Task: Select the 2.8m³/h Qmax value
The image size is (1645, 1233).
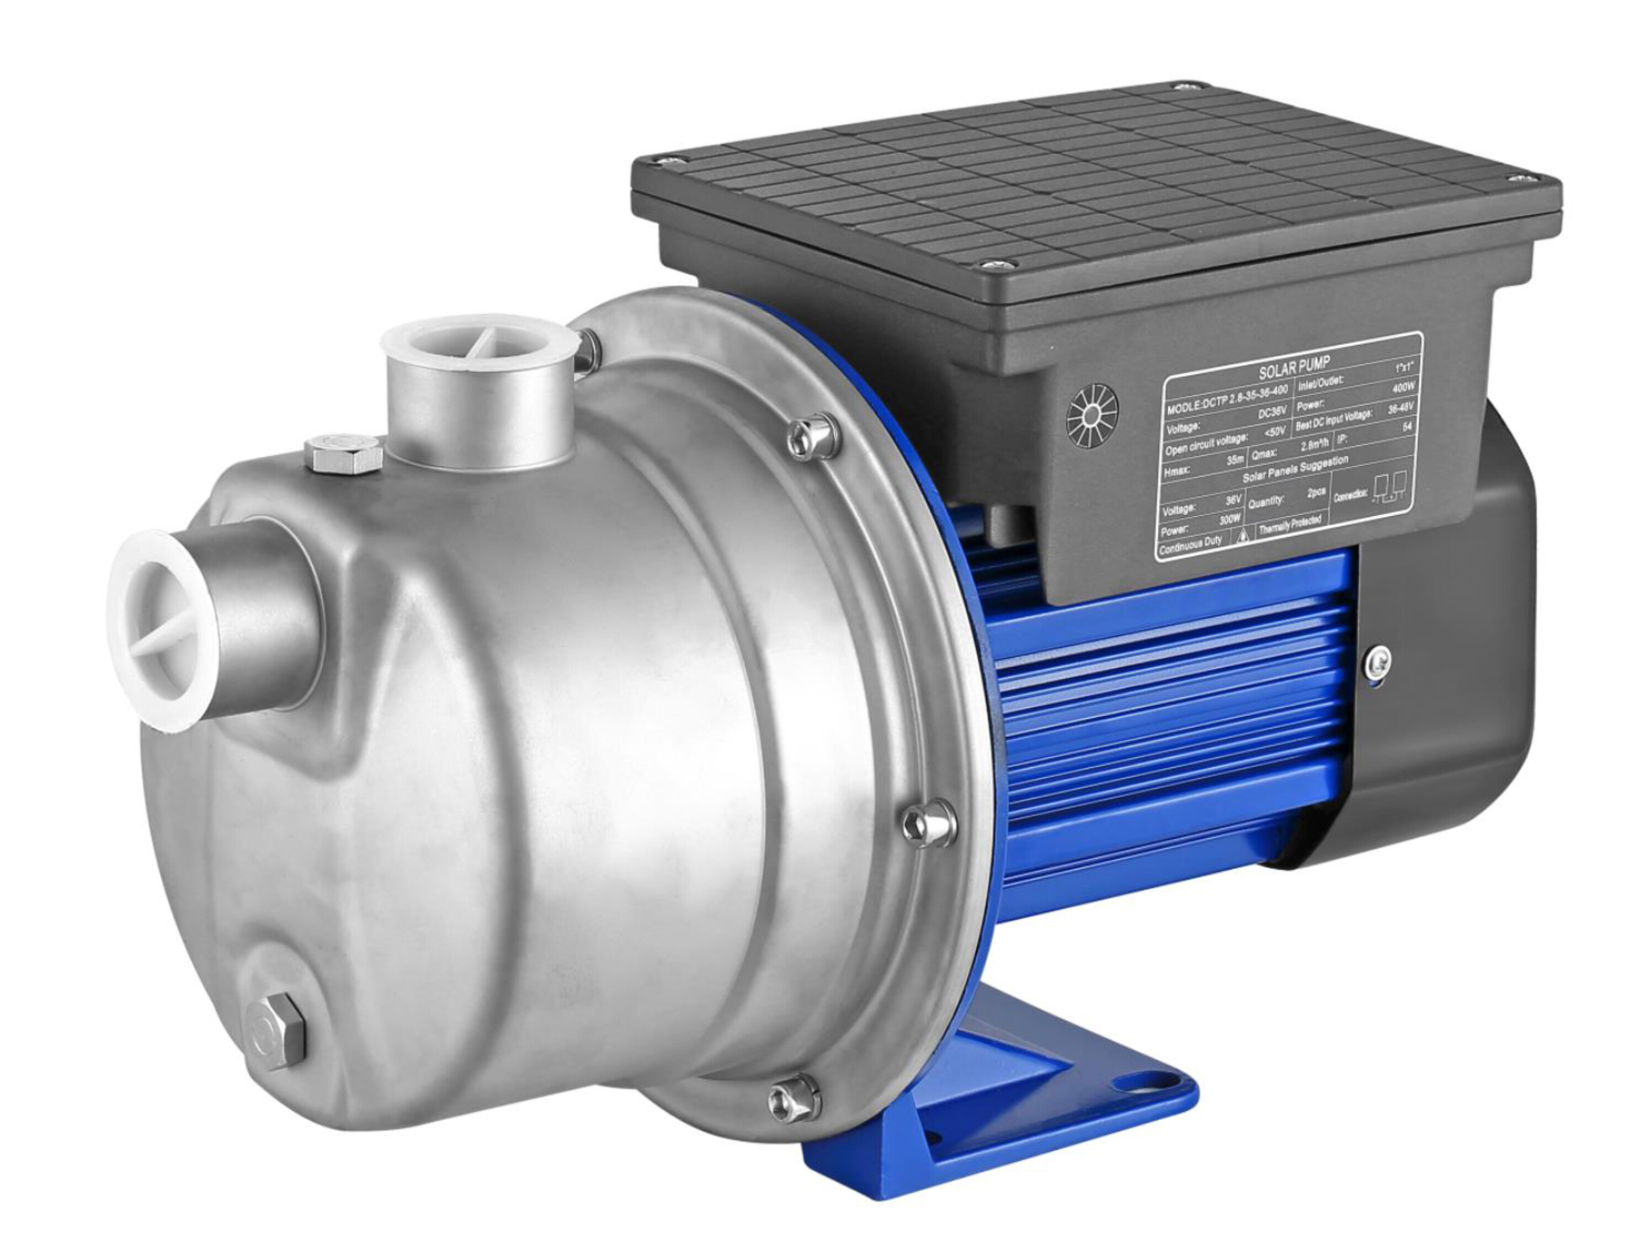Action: (x=1313, y=446)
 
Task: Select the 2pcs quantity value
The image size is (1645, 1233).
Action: (x=1316, y=494)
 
